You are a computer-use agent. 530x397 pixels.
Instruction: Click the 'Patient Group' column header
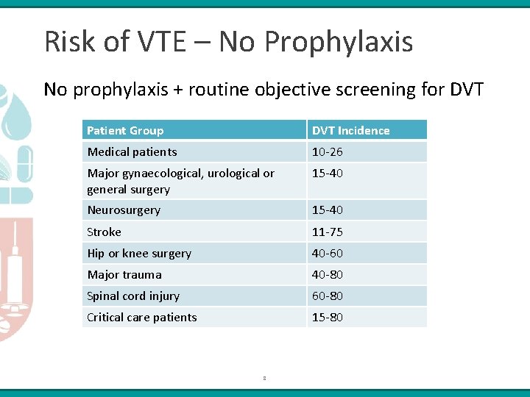pos(125,131)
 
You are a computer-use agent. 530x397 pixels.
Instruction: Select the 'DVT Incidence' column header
pos(350,131)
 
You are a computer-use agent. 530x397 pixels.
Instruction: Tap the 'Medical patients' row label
pos(132,152)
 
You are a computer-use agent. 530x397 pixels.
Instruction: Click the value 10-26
pos(327,152)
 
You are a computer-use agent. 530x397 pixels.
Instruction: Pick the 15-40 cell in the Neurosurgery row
pos(327,210)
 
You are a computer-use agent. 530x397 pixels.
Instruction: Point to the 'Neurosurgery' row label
pos(124,210)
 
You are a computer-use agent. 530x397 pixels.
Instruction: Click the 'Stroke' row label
pos(104,232)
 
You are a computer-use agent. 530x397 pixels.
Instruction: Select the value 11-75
pos(327,232)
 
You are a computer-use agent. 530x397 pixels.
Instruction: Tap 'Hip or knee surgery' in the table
pos(139,253)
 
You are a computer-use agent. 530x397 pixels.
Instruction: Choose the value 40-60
pos(327,253)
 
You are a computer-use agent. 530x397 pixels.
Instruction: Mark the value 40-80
pos(327,274)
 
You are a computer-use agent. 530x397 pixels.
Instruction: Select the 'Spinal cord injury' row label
pos(133,296)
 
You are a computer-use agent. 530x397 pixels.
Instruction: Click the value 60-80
pos(327,296)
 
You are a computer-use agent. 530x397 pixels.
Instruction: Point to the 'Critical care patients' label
pos(142,317)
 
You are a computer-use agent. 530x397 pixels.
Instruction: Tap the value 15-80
pos(327,317)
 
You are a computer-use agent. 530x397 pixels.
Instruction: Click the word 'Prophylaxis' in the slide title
pos(338,42)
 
